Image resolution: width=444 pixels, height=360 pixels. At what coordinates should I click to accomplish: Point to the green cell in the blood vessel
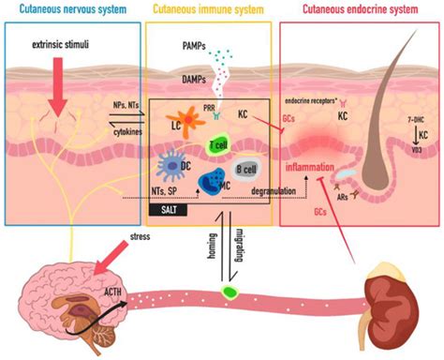tap(228, 294)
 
